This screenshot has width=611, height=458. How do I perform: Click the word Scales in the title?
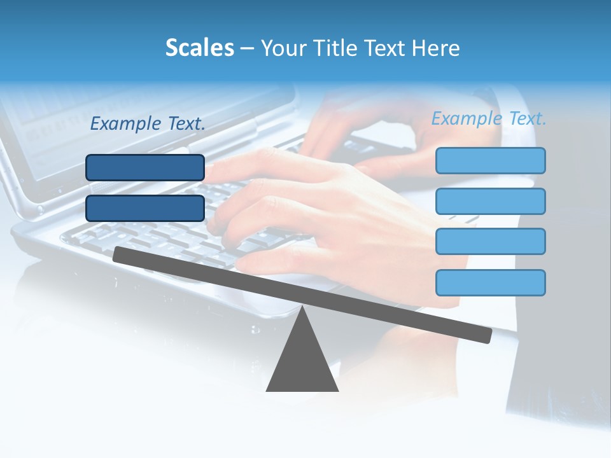tap(199, 48)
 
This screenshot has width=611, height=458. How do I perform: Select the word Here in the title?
tap(436, 48)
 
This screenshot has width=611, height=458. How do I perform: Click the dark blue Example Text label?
tap(148, 124)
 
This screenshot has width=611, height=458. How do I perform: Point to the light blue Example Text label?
tap(489, 118)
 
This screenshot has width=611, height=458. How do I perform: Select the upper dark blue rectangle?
tap(145, 167)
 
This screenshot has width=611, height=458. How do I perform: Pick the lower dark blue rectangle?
tap(145, 208)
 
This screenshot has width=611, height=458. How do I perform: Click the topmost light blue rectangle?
tap(490, 160)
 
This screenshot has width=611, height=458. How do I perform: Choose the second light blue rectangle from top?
tap(490, 201)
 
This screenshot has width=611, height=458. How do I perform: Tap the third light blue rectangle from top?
tap(490, 242)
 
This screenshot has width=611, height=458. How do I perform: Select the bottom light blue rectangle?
tap(490, 282)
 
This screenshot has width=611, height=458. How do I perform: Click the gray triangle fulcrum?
tap(302, 363)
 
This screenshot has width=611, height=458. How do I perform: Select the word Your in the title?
tap(283, 48)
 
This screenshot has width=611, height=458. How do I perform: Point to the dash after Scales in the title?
tap(247, 48)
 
